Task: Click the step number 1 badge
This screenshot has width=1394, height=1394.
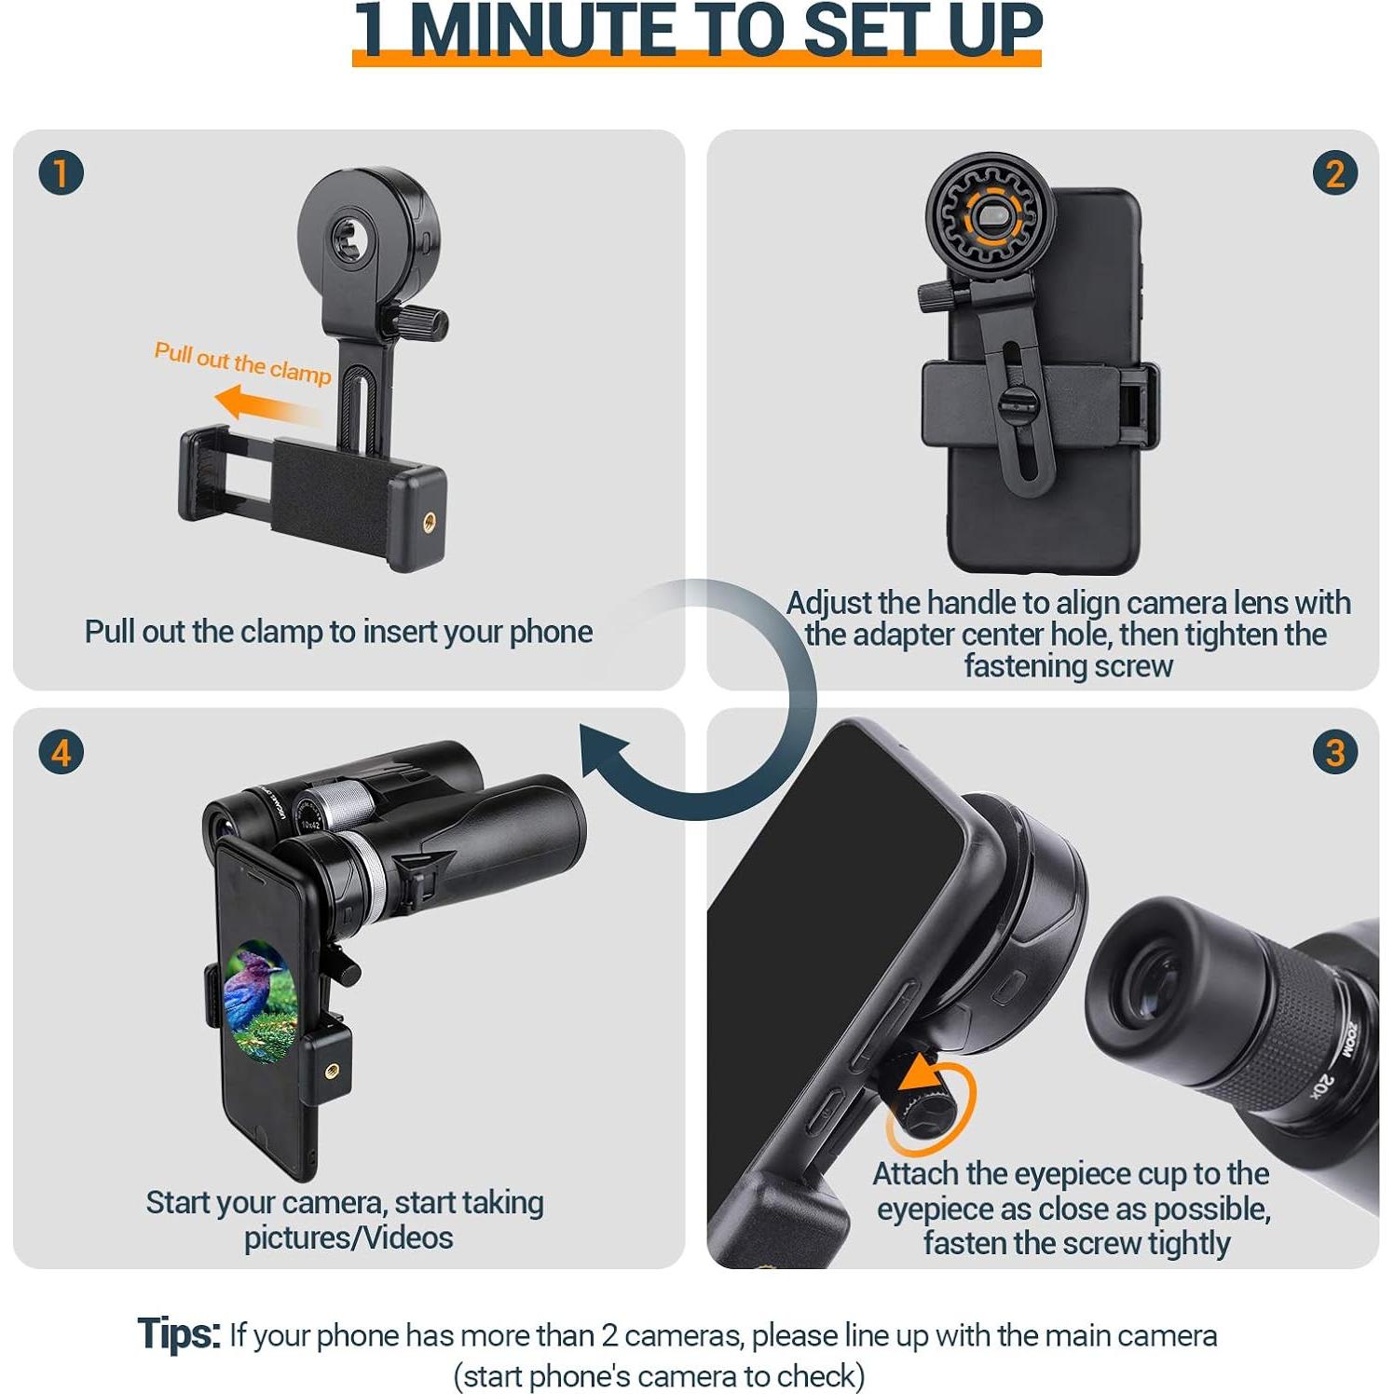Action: point(61,173)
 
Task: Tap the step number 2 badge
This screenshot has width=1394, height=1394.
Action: point(1334,173)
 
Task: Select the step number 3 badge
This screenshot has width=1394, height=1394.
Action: point(1334,752)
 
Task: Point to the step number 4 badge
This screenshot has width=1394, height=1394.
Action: point(61,752)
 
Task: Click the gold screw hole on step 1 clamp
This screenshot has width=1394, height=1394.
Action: point(430,523)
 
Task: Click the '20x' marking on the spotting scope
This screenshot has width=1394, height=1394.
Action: point(1322,1086)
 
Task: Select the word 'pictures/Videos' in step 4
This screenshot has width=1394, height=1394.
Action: point(348,1238)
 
